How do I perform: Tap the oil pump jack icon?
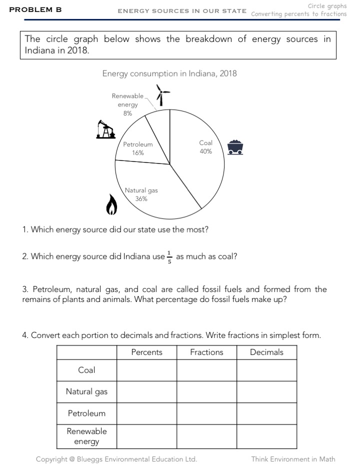[105, 129]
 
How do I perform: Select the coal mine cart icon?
[235, 147]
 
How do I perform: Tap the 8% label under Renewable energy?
[128, 113]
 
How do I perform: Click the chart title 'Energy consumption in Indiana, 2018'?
[169, 73]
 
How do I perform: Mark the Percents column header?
[146, 352]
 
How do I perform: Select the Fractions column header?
[206, 352]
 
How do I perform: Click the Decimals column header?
[266, 352]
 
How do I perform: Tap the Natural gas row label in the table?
[86, 391]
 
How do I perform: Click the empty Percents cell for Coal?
[146, 370]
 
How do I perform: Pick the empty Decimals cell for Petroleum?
[266, 413]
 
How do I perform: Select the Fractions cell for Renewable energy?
[206, 436]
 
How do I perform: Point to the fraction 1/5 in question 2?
[169, 256]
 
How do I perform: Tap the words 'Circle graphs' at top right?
[327, 6]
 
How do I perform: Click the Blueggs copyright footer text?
[116, 459]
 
